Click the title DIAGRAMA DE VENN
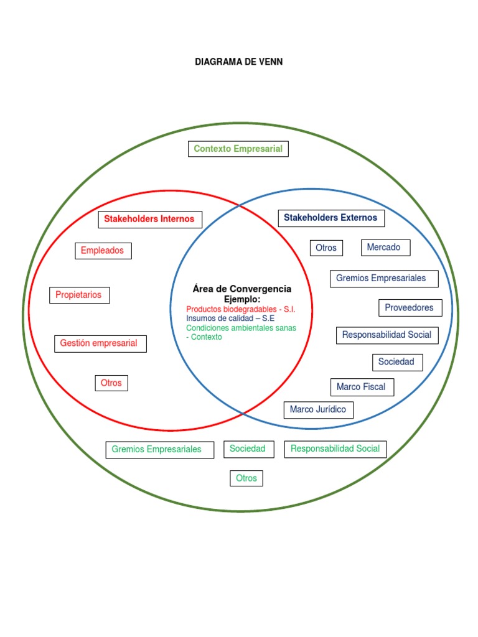pyautogui.click(x=239, y=62)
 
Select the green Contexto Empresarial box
pyautogui.click(x=238, y=149)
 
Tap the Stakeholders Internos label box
pyautogui.click(x=149, y=219)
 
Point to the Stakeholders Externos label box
pyautogui.click(x=330, y=218)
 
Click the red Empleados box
pyautogui.click(x=103, y=251)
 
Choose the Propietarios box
pyautogui.click(x=79, y=295)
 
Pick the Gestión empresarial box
pyautogui.click(x=100, y=343)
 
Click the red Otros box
pyautogui.click(x=111, y=383)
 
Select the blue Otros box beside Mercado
pyautogui.click(x=326, y=248)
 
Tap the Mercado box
pyautogui.click(x=385, y=247)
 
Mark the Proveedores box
pyautogui.click(x=410, y=307)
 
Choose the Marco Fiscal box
pyautogui.click(x=362, y=387)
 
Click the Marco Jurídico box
pyautogui.click(x=318, y=410)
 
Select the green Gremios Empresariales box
pyautogui.click(x=157, y=449)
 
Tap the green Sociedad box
pyautogui.click(x=248, y=449)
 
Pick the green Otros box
pyautogui.click(x=246, y=478)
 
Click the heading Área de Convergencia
pyautogui.click(x=242, y=289)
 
